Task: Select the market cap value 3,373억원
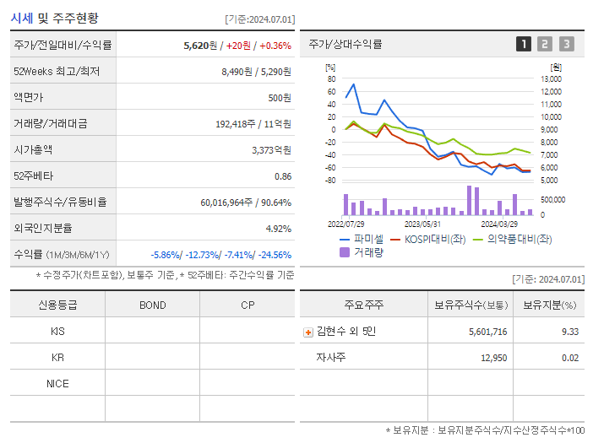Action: (271, 149)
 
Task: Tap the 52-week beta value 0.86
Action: (282, 176)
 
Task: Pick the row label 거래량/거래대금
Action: (51, 123)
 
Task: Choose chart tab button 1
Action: (524, 44)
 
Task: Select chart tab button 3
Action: (566, 44)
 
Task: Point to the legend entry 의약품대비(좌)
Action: (517, 239)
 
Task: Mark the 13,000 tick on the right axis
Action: (551, 78)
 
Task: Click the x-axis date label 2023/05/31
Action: (422, 224)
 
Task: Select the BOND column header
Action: (152, 305)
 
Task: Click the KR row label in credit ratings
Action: (57, 357)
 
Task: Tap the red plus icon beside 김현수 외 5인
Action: (307, 332)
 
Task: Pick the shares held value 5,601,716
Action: (487, 332)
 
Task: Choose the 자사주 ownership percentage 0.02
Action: (570, 358)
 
